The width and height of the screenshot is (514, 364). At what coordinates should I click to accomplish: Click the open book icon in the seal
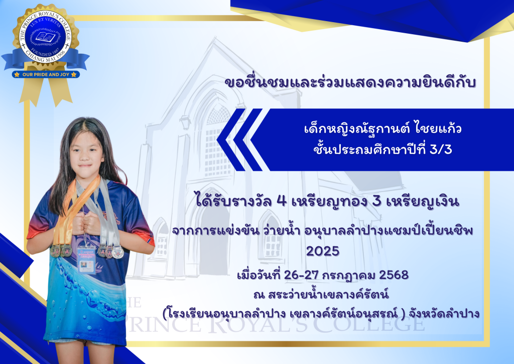tap(45, 36)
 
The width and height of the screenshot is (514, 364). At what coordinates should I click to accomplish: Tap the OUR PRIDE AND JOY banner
tap(46, 74)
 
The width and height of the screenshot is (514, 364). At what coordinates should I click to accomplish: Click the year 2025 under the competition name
tap(323, 251)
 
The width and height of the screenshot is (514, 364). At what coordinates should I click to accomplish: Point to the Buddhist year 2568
tap(394, 275)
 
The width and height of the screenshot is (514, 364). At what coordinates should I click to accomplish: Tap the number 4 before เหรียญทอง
tap(282, 201)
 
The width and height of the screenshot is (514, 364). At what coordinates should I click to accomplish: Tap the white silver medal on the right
tap(117, 252)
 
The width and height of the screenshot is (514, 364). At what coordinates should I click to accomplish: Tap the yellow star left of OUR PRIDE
tap(17, 74)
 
